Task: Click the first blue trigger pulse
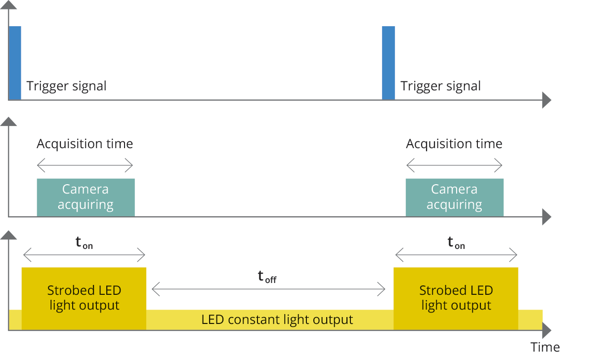pyautogui.click(x=15, y=63)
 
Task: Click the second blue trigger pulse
pyautogui.click(x=388, y=63)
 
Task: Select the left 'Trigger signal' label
pyautogui.click(x=66, y=86)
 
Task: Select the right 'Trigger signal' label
pyautogui.click(x=440, y=86)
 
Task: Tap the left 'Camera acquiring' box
pyautogui.click(x=85, y=197)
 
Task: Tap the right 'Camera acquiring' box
pyautogui.click(x=454, y=197)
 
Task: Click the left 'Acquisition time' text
pyautogui.click(x=85, y=144)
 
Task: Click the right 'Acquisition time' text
pyautogui.click(x=454, y=144)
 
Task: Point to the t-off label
pyautogui.click(x=267, y=277)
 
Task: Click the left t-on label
pyautogui.click(x=84, y=243)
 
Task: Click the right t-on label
pyautogui.click(x=456, y=243)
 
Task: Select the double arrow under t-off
pyautogui.click(x=268, y=289)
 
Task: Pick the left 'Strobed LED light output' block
pyautogui.click(x=84, y=298)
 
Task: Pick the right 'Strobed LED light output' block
pyautogui.click(x=456, y=298)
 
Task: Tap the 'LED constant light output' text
pyautogui.click(x=277, y=320)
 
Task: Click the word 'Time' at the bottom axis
pyautogui.click(x=545, y=347)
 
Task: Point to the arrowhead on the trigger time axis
pyautogui.click(x=546, y=100)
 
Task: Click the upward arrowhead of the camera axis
pyautogui.click(x=8, y=122)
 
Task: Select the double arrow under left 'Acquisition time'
pyautogui.click(x=85, y=165)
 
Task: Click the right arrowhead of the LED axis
pyautogui.click(x=546, y=329)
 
